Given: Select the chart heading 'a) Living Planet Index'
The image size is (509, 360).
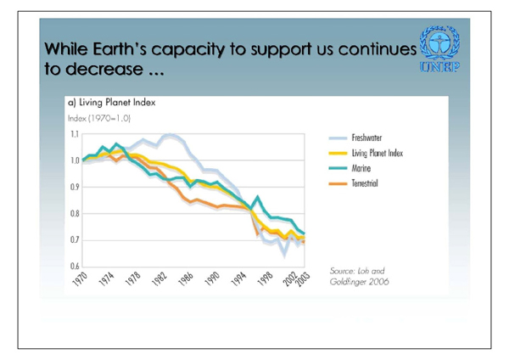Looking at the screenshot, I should pyautogui.click(x=111, y=102).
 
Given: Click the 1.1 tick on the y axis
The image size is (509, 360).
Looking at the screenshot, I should pyautogui.click(x=72, y=135).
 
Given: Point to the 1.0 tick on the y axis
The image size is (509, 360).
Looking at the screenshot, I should pyautogui.click(x=72, y=160).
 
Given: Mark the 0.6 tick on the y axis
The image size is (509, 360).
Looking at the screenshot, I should pyautogui.click(x=72, y=266).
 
